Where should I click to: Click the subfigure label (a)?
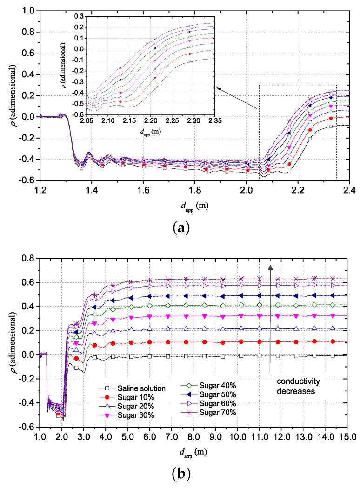pyautogui.click(x=180, y=228)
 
